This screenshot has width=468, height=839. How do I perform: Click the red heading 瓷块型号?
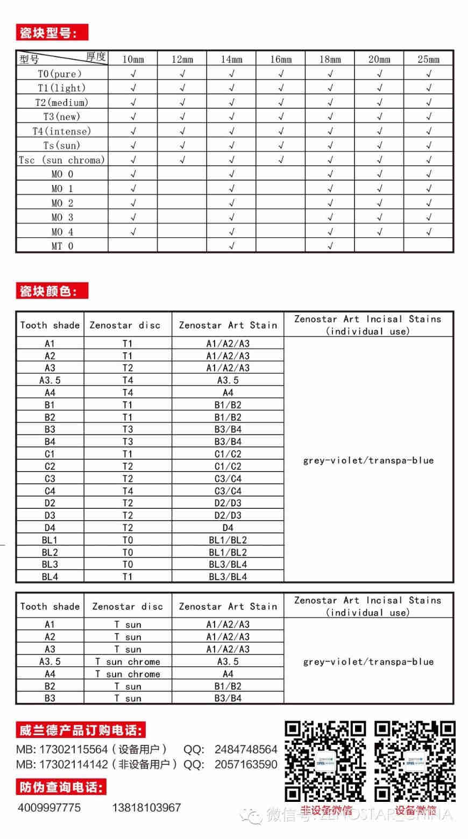[x=52, y=33]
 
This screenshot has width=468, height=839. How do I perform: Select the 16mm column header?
[x=281, y=59]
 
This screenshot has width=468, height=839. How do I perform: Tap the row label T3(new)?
[x=61, y=117]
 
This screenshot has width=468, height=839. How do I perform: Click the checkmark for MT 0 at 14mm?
[x=231, y=246]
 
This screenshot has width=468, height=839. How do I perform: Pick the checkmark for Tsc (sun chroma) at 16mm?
[x=281, y=160]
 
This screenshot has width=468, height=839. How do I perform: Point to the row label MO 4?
[x=62, y=232]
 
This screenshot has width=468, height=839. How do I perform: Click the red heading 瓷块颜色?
[x=52, y=291]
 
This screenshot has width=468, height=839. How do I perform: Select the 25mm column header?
[x=428, y=59]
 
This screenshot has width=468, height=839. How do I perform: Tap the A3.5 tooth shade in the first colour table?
[x=49, y=380]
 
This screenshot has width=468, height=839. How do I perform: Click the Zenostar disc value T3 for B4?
[x=127, y=442]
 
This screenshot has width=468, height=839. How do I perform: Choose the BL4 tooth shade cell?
[x=49, y=577]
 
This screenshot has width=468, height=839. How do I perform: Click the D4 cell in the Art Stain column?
[x=228, y=528]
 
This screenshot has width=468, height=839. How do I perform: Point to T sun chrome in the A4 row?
[x=127, y=674]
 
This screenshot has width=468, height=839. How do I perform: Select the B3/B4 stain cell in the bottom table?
[x=228, y=698]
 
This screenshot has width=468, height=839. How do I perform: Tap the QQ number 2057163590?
[x=246, y=764]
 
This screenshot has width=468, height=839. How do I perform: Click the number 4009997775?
[x=49, y=807]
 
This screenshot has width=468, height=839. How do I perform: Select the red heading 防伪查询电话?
[x=60, y=787]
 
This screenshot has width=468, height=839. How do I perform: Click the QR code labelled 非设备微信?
[x=325, y=761]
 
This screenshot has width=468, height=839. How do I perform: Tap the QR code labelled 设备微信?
[x=415, y=761]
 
